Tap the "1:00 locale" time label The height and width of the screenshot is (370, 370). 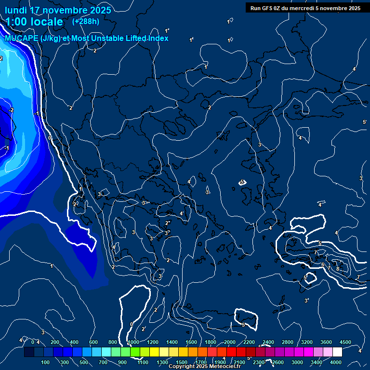click(x=34, y=22)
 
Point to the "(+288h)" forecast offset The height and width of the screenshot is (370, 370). click(x=86, y=21)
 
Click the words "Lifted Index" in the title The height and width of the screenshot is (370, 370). click(x=146, y=38)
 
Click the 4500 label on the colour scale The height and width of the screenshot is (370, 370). click(x=345, y=342)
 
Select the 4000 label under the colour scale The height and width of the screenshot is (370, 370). click(x=336, y=362)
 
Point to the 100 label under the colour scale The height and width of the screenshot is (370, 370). click(x=46, y=362)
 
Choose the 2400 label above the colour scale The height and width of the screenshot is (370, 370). click(x=268, y=342)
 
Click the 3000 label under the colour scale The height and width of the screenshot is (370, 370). click(x=297, y=362)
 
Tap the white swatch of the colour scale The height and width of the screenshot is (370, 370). click(x=337, y=352)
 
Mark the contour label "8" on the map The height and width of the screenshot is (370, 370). click(x=338, y=269)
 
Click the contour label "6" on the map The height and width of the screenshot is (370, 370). click(x=322, y=264)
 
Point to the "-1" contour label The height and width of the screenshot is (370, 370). click(x=37, y=114)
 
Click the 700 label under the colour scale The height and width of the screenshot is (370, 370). click(x=103, y=362)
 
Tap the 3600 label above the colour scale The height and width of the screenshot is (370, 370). click(x=326, y=342)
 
